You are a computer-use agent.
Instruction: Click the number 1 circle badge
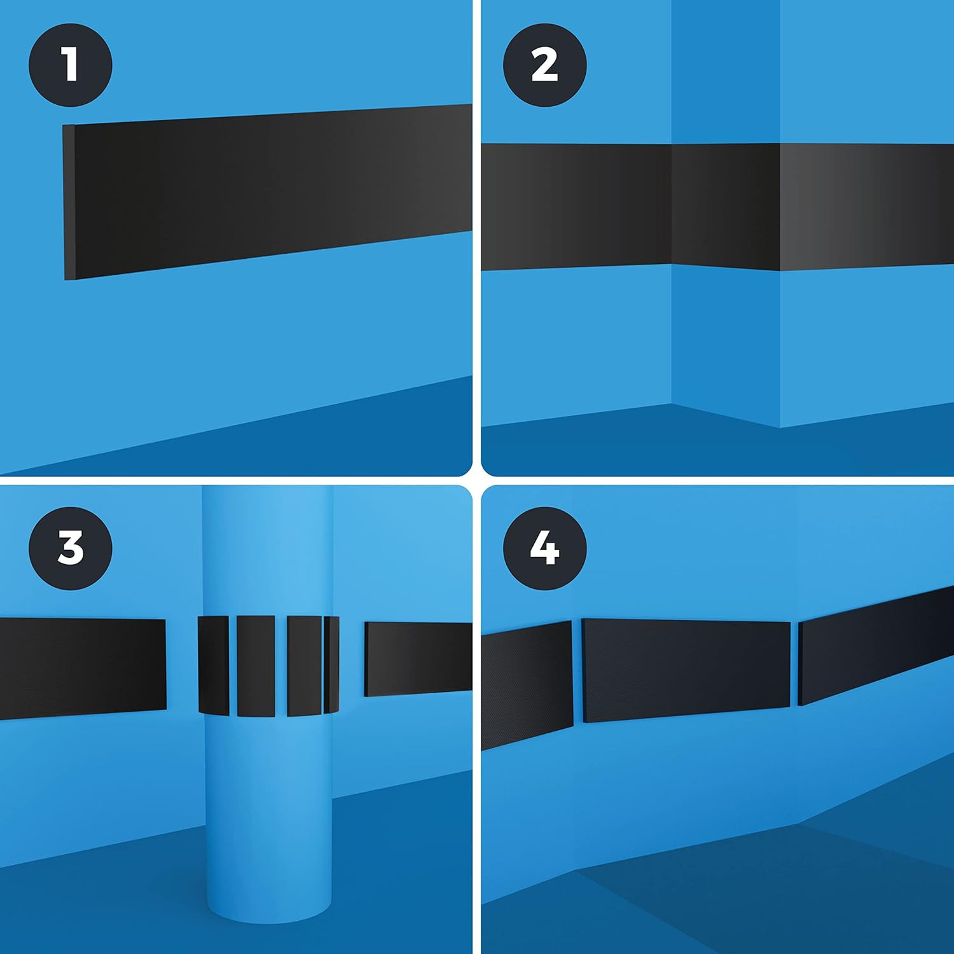click(71, 64)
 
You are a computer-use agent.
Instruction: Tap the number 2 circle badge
click(545, 64)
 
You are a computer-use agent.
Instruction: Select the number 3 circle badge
click(71, 548)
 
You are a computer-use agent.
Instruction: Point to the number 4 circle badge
click(545, 548)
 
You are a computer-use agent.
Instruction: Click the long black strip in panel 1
click(268, 191)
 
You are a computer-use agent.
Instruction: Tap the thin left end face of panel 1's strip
click(69, 202)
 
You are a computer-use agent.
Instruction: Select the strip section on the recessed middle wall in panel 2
click(726, 207)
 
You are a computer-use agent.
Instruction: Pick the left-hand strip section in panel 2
click(576, 207)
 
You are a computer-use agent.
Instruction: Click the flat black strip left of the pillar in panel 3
click(83, 668)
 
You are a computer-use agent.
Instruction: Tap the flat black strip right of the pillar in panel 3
click(418, 659)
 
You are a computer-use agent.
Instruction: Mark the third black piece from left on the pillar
click(305, 665)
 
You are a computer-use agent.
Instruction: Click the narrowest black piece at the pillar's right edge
click(331, 665)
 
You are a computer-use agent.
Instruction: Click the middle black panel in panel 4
click(686, 670)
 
